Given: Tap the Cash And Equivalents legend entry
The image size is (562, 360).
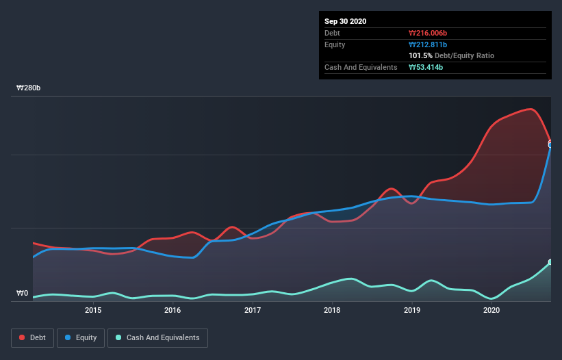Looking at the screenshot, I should (x=157, y=337).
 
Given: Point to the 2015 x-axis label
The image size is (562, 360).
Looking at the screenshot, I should (x=93, y=310).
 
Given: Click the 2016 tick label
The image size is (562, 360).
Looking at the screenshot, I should (x=173, y=310).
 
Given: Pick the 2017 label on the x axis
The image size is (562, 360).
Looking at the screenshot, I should (x=253, y=310).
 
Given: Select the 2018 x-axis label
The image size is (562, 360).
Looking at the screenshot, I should (x=332, y=310).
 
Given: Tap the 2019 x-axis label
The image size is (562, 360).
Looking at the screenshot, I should (x=412, y=310).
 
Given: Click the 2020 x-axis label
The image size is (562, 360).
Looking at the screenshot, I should (x=491, y=310).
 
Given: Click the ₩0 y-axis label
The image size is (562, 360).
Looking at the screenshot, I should (x=23, y=294).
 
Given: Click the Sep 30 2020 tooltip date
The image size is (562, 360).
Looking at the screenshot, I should (x=345, y=21).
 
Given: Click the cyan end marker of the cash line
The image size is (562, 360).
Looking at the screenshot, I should (x=550, y=262).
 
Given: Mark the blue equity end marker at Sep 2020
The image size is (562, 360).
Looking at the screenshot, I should (x=550, y=144).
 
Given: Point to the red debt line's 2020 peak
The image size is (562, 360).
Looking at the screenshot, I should (x=530, y=109).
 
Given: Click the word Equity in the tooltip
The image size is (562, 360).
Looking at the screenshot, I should (x=335, y=44).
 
